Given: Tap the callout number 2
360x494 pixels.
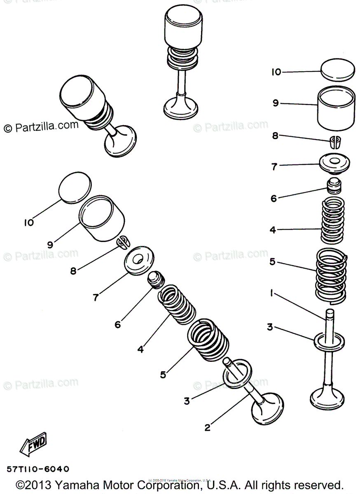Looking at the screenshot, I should coord(208,427).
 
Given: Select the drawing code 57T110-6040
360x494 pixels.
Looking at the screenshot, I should coord(38,469).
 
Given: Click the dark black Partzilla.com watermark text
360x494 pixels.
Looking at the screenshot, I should coord(41,127).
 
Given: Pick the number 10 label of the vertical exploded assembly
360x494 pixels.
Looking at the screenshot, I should coord(276,72).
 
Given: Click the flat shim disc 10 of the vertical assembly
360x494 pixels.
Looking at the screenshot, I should coord(337,71).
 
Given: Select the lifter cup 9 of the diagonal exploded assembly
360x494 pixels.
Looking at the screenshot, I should coord(102,218).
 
